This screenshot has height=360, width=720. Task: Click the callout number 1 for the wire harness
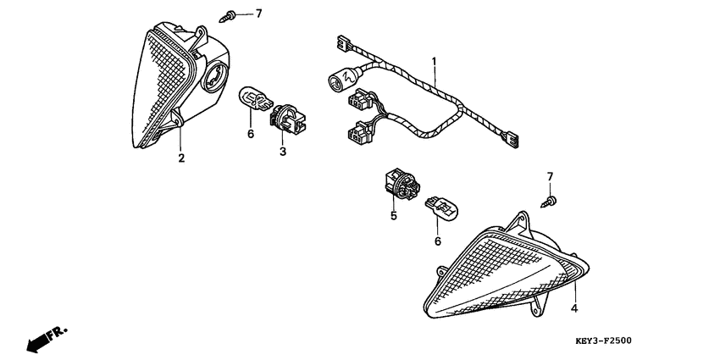pos(433,61)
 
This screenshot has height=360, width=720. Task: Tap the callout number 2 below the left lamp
pos(181,158)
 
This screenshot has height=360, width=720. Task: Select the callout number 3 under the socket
pos(283,151)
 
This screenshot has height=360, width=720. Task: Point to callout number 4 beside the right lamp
pos(573,308)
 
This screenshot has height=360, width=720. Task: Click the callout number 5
pos(394,215)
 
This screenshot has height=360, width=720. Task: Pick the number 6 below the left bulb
pos(251,135)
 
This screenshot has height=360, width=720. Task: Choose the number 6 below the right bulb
pos(438,241)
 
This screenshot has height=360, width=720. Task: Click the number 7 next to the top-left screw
pos(258,14)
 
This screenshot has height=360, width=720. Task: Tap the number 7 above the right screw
pos(550,176)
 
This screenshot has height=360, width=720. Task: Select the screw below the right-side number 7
pos(549,202)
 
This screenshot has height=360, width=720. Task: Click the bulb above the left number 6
pos(255,99)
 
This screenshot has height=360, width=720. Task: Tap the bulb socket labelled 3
pos(287,119)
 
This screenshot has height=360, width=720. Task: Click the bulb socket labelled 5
pos(401,184)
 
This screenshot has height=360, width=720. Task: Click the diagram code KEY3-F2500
pos(603,341)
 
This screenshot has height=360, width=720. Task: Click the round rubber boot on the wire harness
pos(343,78)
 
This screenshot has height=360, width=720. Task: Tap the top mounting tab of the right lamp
pos(521,221)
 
